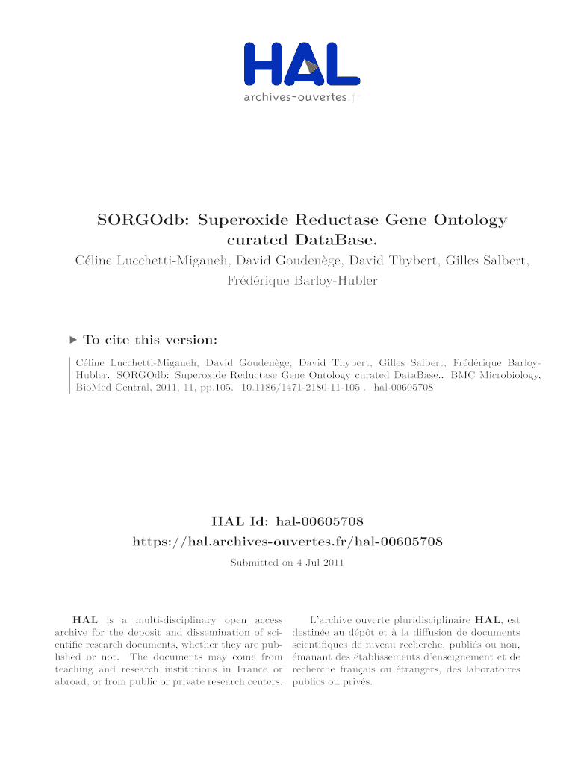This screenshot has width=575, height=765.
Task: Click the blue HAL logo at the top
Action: tap(302, 64)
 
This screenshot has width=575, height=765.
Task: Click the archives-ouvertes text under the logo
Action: tap(296, 98)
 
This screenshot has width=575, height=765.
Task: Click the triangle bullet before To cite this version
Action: tap(72, 340)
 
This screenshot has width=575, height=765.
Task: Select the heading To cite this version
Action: tap(150, 340)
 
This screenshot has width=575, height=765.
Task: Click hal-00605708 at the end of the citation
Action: tap(403, 388)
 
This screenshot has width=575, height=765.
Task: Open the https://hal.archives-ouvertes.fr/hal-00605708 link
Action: tap(287, 541)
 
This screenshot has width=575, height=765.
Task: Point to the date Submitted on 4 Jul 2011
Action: tap(287, 563)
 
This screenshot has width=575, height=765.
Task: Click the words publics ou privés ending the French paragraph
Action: tap(332, 682)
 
